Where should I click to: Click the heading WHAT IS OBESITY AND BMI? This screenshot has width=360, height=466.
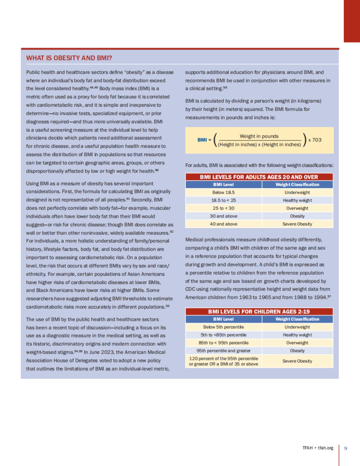69,58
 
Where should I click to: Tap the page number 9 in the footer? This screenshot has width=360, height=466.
346,448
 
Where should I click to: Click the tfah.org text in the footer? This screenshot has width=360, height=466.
325,448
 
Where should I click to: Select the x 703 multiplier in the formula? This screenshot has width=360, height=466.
315,140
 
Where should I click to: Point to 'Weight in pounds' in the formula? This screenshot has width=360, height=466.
259,136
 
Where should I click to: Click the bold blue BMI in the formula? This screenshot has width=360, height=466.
202,140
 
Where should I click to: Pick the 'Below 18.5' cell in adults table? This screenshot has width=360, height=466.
223,192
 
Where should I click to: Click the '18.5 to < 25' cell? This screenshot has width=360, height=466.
223,200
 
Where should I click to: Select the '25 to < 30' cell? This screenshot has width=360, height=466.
223,208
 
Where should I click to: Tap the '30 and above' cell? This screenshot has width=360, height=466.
223,216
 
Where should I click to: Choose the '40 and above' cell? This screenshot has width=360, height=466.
223,224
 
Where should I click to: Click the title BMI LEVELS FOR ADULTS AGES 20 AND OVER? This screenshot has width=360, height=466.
259,177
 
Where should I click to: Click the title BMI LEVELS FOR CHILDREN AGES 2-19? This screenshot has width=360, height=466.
259,312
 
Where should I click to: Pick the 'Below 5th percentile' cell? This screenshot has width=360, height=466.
223,327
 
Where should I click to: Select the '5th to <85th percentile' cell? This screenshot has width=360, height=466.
223,335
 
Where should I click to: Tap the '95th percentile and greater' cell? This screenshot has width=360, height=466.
223,351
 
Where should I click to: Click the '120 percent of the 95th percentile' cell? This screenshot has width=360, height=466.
223,361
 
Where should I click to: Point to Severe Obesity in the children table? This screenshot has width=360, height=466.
297,361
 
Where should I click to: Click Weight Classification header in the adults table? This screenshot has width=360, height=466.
297,185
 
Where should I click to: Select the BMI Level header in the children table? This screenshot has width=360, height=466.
223,319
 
